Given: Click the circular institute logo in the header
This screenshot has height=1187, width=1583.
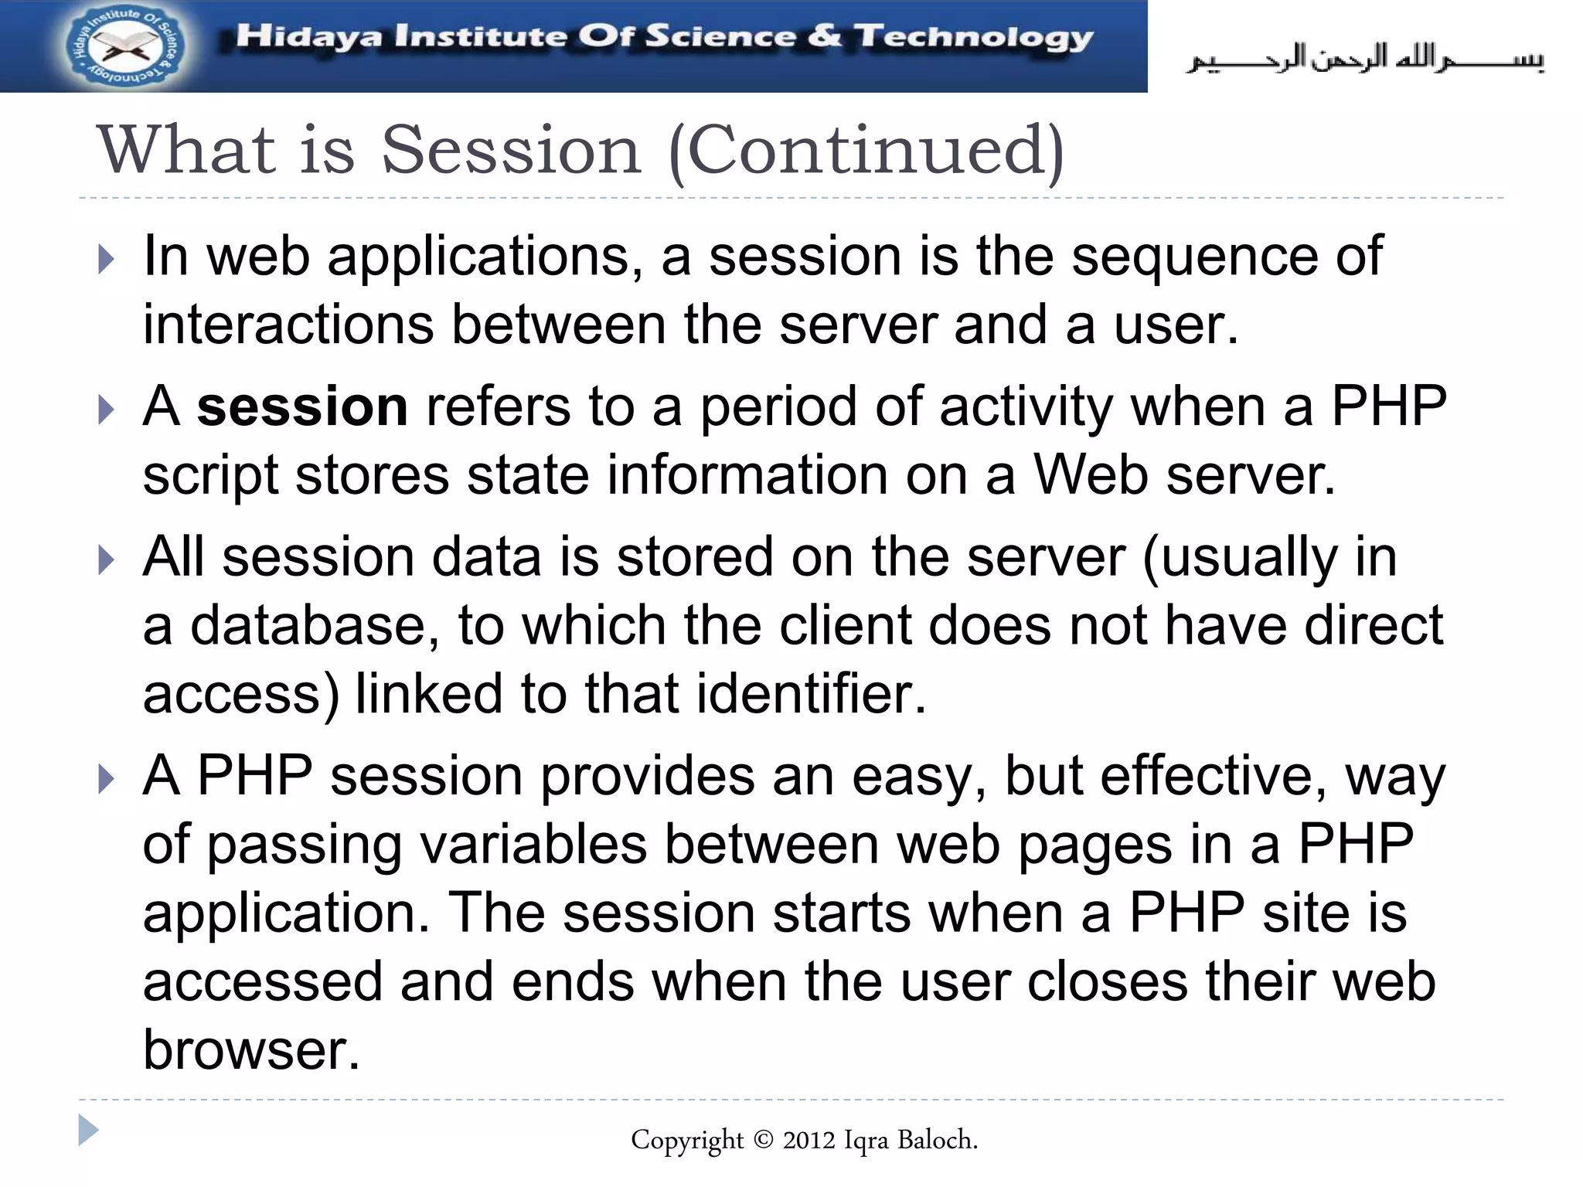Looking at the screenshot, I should pos(124,46).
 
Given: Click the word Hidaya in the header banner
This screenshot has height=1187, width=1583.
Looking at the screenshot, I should pos(308,36).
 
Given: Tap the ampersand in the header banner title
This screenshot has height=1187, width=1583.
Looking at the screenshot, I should pos(825,36).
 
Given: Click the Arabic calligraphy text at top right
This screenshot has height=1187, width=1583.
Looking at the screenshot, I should pos(1365,59).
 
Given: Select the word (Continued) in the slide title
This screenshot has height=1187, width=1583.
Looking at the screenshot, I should pos(866,151).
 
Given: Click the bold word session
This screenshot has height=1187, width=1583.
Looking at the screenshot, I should pos(302,406).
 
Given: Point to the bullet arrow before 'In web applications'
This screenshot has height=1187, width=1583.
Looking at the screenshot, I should pos(107,260).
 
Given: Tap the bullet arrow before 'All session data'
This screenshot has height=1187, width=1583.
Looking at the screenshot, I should pos(107,560).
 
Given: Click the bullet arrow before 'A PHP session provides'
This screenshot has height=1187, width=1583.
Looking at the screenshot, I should pos(107,779).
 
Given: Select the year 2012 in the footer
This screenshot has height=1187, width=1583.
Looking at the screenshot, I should pos(809,1140).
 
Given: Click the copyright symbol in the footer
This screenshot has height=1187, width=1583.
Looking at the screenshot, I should pos(763,1140).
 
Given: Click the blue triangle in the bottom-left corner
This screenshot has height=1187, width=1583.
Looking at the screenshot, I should pos(88,1131).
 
